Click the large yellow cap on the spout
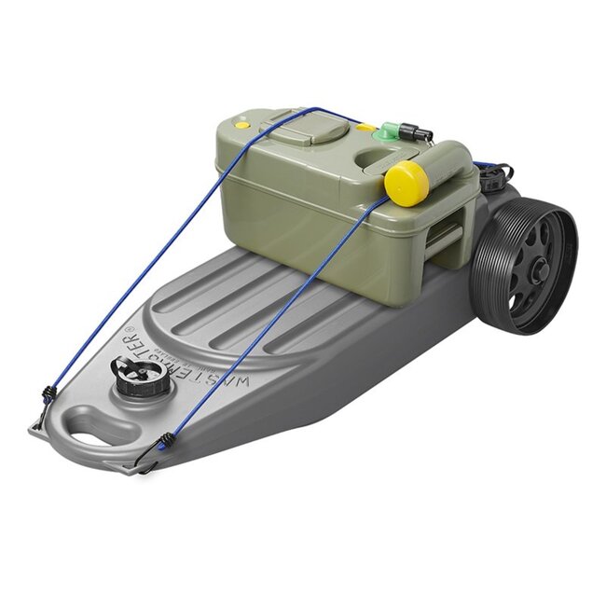406,183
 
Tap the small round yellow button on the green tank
241,124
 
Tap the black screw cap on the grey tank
142,376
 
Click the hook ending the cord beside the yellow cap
151,457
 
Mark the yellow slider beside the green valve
366,127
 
